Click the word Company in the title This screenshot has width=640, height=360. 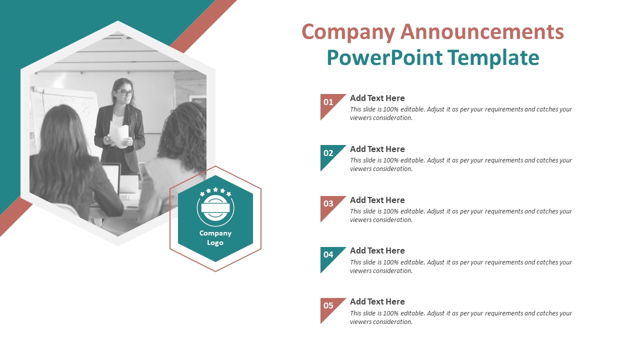pos(348,32)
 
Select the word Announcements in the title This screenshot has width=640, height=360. pos(482,31)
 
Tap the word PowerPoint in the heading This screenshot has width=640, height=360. pos(384,57)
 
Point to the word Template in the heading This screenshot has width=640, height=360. pos(493,58)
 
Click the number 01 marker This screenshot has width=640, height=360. pos(328,102)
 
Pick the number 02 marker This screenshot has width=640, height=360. pos(328,153)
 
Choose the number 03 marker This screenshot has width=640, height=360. pos(328,203)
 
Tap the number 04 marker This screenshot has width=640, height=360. pos(328,254)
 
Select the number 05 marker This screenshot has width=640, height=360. pos(328,305)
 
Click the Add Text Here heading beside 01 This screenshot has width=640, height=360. pos(377,98)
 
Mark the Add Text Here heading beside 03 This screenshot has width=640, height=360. pos(377,200)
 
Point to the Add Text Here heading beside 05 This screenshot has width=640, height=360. pos(377,301)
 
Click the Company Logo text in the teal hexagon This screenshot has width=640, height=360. pos(215,237)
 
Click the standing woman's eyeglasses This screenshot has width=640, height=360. pos(125,92)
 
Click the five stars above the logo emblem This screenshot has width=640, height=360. pos(215,191)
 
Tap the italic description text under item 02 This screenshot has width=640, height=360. pos(461,164)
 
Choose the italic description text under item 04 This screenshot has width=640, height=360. pos(461,266)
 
